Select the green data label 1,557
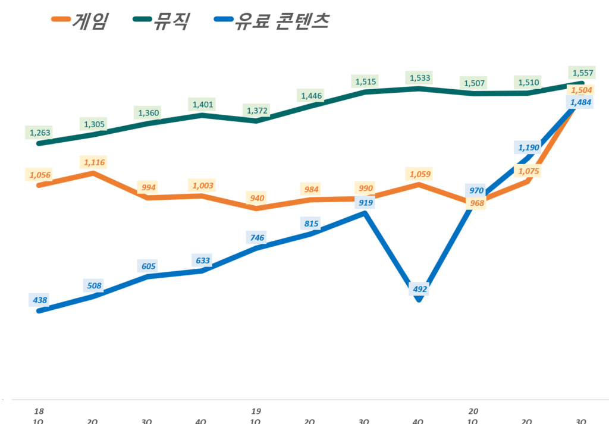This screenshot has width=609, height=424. pyautogui.click(x=582, y=73)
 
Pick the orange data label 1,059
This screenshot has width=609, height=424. pyautogui.click(x=419, y=174)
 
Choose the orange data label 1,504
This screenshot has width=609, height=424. pyautogui.click(x=582, y=90)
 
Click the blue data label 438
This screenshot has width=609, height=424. pyautogui.click(x=39, y=300)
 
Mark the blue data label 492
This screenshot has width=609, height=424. pyautogui.click(x=419, y=290)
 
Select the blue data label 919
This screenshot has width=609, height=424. pyautogui.click(x=365, y=203)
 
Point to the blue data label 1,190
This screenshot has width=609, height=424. pyautogui.click(x=528, y=147)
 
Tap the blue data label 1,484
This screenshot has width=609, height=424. pyautogui.click(x=581, y=102)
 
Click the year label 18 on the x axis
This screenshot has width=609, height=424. pyautogui.click(x=40, y=411)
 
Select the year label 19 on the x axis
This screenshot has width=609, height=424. pyautogui.click(x=256, y=411)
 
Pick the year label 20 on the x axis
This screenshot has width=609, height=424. pyautogui.click(x=473, y=411)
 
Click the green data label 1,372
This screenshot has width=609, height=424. pyautogui.click(x=256, y=111)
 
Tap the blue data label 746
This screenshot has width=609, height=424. pyautogui.click(x=256, y=238)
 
